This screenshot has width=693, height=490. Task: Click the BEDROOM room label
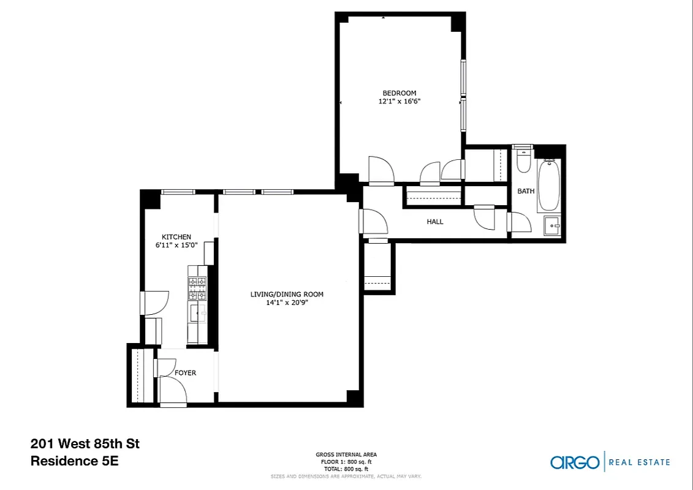point(400,93)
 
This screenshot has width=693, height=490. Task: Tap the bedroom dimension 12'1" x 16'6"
point(400,102)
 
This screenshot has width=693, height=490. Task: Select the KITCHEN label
point(176,237)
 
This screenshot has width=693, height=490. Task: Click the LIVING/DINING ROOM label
point(287,294)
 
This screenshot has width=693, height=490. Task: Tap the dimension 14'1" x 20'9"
point(287,303)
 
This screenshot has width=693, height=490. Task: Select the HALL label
point(435,222)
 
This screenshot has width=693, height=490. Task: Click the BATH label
point(526,191)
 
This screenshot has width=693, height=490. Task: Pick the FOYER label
point(185,372)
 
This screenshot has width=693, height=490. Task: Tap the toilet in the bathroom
point(523,161)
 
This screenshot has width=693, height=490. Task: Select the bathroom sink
point(553,226)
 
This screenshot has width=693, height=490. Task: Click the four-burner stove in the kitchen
point(197,288)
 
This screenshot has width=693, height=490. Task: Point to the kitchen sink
point(197,314)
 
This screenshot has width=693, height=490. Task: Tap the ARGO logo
point(574,462)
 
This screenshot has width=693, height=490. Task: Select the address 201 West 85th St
point(85,443)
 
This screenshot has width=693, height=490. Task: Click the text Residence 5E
point(74,461)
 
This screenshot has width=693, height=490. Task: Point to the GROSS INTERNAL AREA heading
point(346,454)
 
